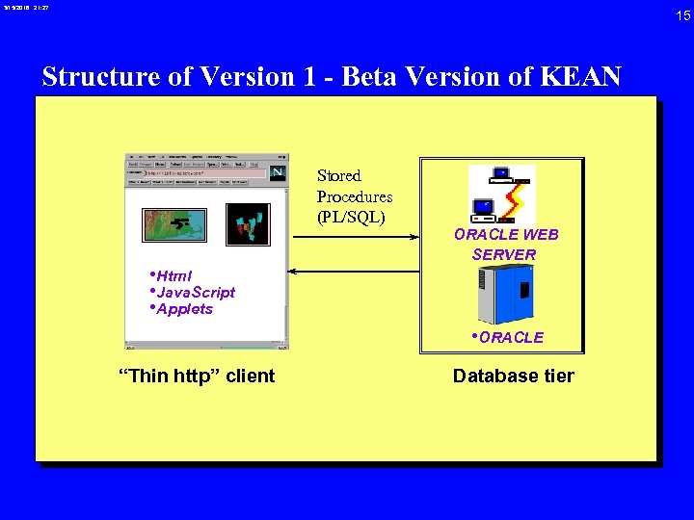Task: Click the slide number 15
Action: [682, 15]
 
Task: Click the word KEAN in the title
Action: [587, 76]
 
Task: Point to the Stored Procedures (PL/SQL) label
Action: [354, 196]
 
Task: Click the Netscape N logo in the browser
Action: [278, 172]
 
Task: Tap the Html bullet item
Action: [173, 275]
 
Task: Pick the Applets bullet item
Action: [183, 309]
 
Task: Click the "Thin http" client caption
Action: [196, 376]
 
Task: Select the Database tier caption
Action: [513, 376]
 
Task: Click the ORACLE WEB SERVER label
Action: [505, 245]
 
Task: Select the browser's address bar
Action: [202, 174]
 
